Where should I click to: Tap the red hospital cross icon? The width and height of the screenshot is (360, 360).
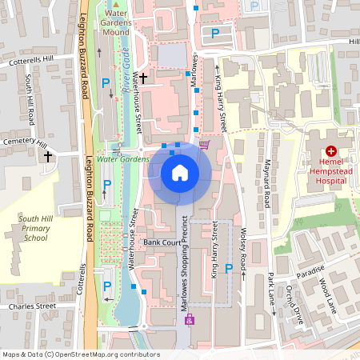click(x=330, y=150)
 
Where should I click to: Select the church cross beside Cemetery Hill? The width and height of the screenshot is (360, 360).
click(x=49, y=157)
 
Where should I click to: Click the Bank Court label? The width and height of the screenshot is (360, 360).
click(x=158, y=242)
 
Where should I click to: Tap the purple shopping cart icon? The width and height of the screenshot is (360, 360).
click(x=204, y=145)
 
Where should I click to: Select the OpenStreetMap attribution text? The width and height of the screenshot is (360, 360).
click(x=80, y=354)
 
